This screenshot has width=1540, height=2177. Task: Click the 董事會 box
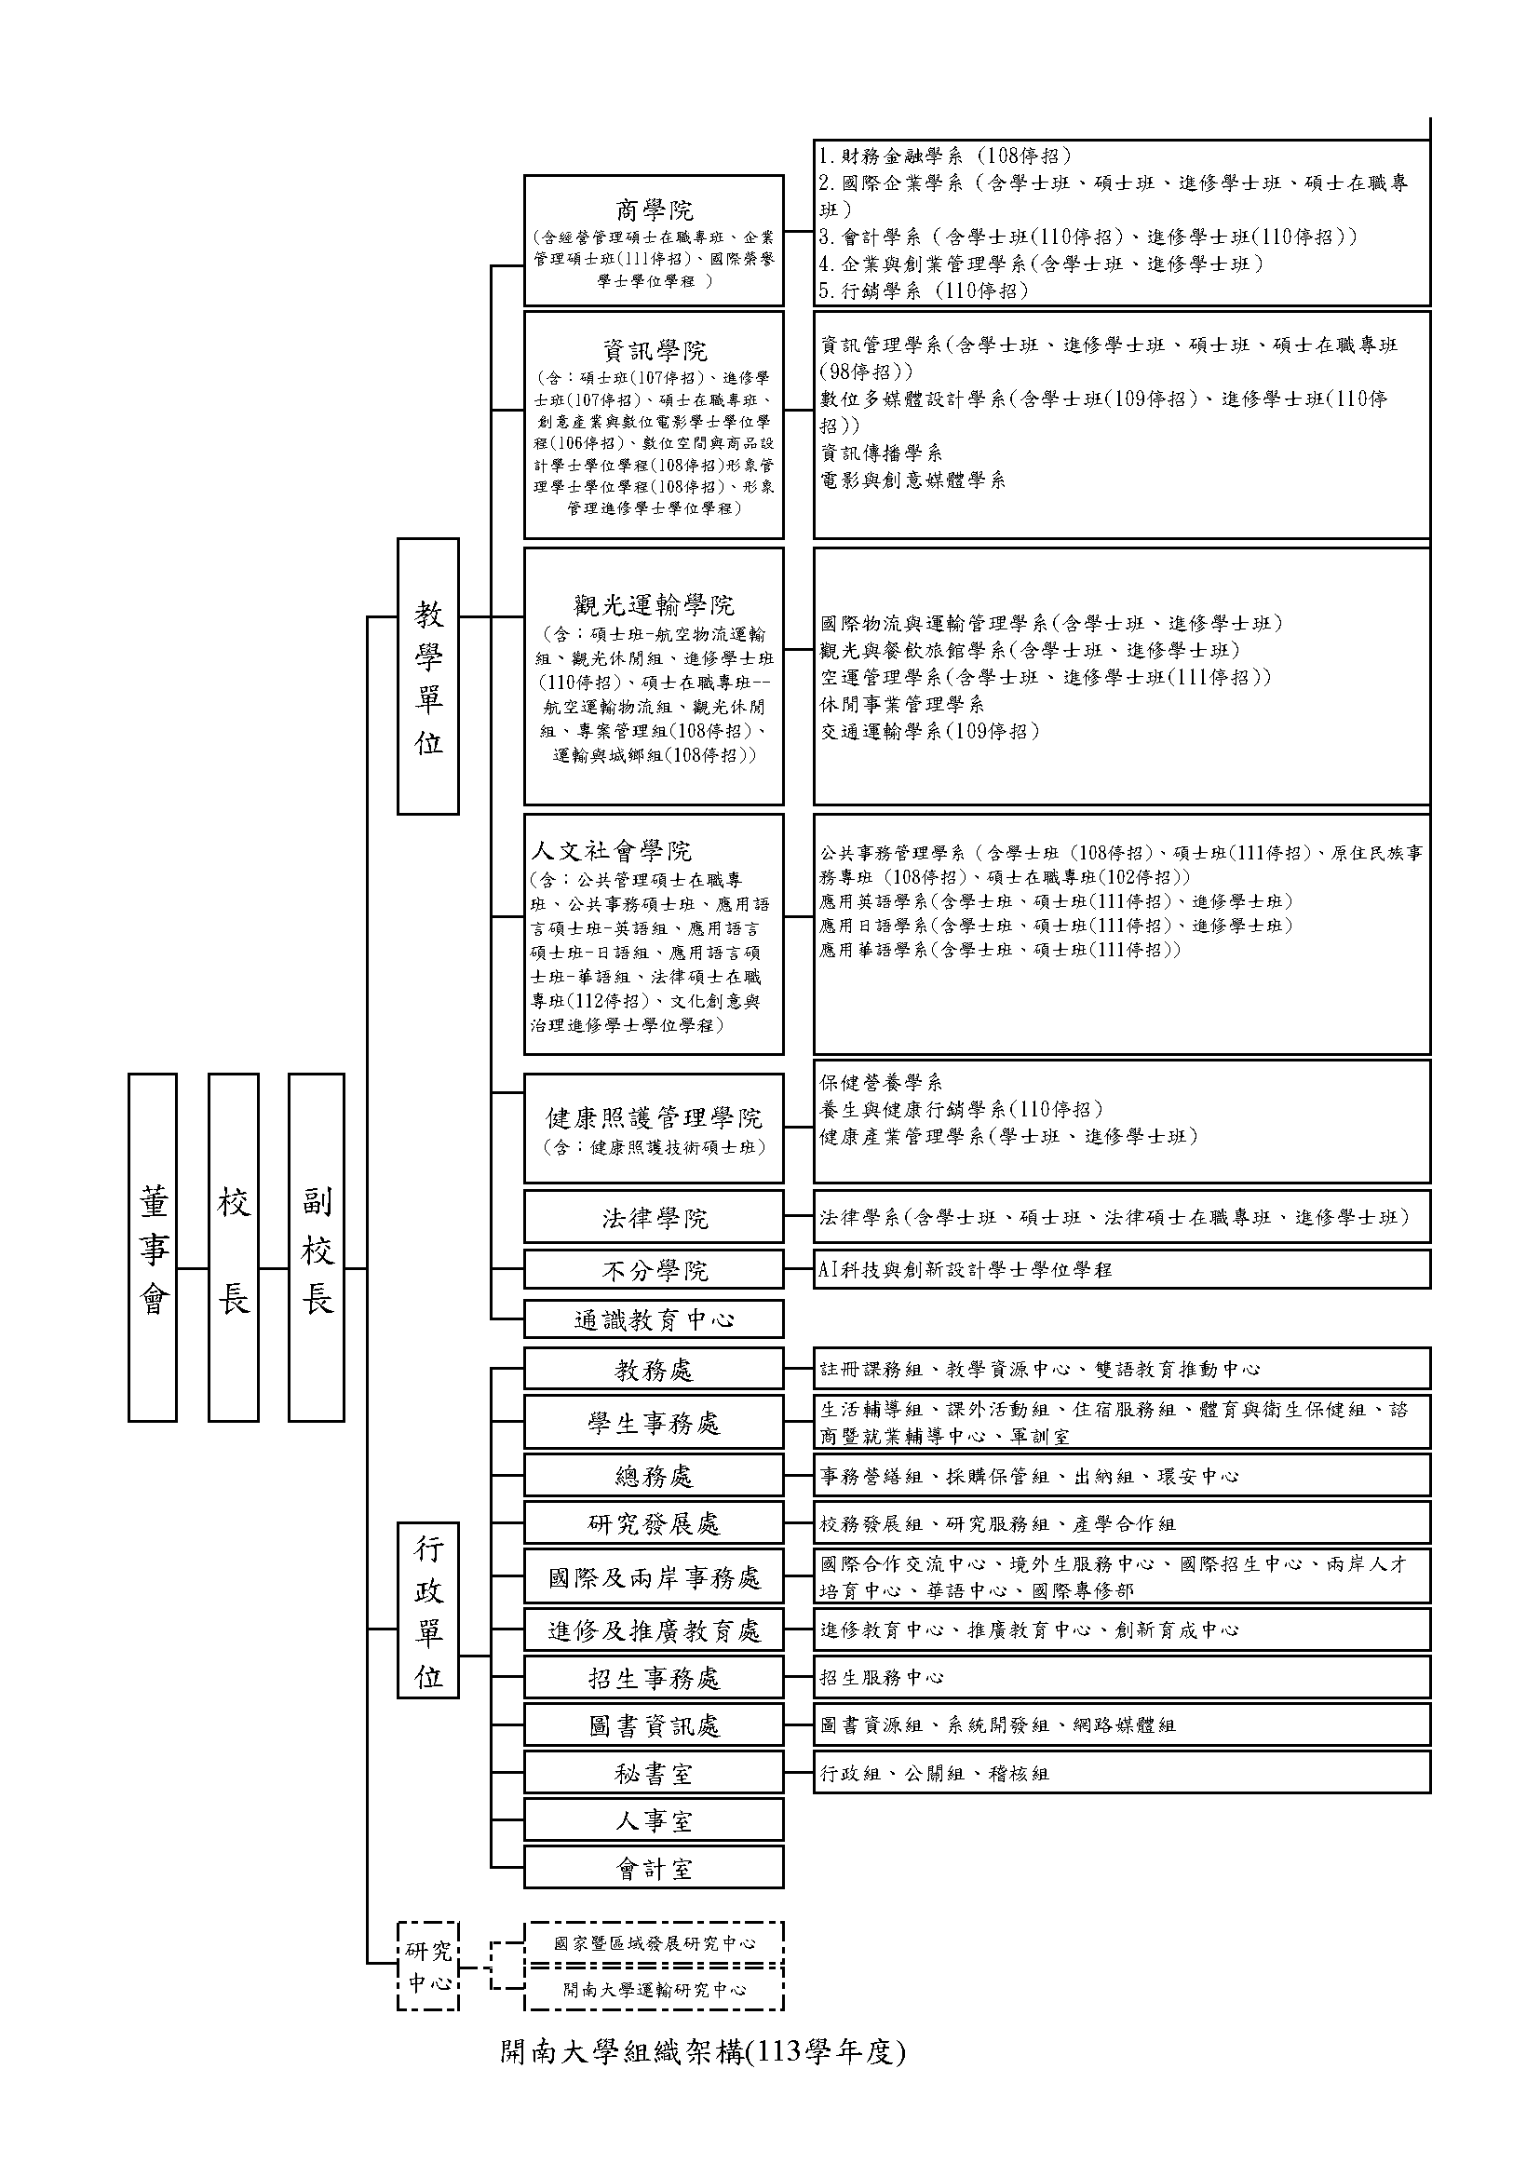point(153,1247)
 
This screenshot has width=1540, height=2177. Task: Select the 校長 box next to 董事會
point(234,1247)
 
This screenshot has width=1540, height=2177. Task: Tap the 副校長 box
point(316,1247)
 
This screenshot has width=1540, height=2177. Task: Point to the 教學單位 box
point(427,676)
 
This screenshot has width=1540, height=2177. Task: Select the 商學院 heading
point(655,210)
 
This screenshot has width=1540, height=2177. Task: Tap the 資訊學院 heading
point(655,351)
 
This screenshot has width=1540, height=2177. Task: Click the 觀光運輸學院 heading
point(655,605)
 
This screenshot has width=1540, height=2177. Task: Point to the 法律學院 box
point(655,1217)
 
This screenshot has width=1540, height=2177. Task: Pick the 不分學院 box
point(655,1269)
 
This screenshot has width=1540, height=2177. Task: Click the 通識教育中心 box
point(655,1318)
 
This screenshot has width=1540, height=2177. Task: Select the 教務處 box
point(655,1369)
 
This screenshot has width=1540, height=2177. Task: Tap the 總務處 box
point(655,1475)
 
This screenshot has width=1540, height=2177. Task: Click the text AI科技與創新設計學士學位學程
point(966,1269)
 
